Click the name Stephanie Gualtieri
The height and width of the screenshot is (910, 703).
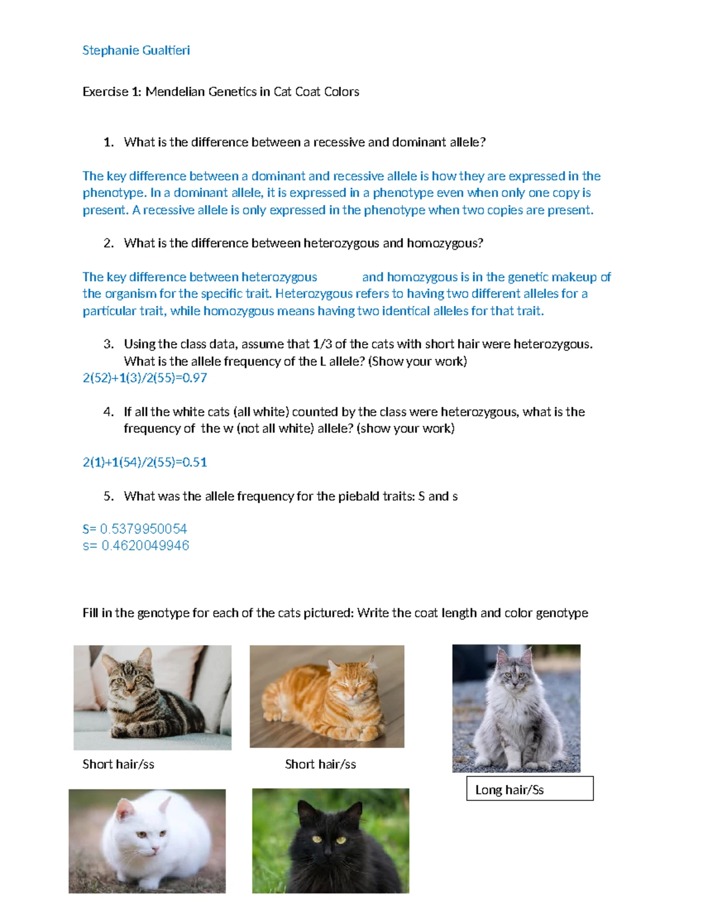pyautogui.click(x=136, y=50)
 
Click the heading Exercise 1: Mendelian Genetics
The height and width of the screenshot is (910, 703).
pyautogui.click(x=220, y=91)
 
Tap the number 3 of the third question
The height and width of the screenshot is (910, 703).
pyautogui.click(x=108, y=344)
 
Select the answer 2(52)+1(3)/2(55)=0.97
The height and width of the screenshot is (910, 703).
pyautogui.click(x=145, y=378)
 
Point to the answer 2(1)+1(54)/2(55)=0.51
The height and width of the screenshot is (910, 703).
pyautogui.click(x=145, y=462)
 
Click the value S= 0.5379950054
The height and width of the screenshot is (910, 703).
pyautogui.click(x=135, y=529)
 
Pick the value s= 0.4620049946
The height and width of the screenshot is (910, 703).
pyautogui.click(x=136, y=546)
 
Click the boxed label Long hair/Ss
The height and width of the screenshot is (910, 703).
pyautogui.click(x=509, y=790)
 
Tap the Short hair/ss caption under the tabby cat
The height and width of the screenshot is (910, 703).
pyautogui.click(x=118, y=764)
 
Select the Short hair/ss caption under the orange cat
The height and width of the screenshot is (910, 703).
pyautogui.click(x=320, y=764)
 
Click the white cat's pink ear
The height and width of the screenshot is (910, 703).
pyautogui.click(x=125, y=811)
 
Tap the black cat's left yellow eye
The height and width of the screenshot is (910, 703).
pyautogui.click(x=317, y=839)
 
